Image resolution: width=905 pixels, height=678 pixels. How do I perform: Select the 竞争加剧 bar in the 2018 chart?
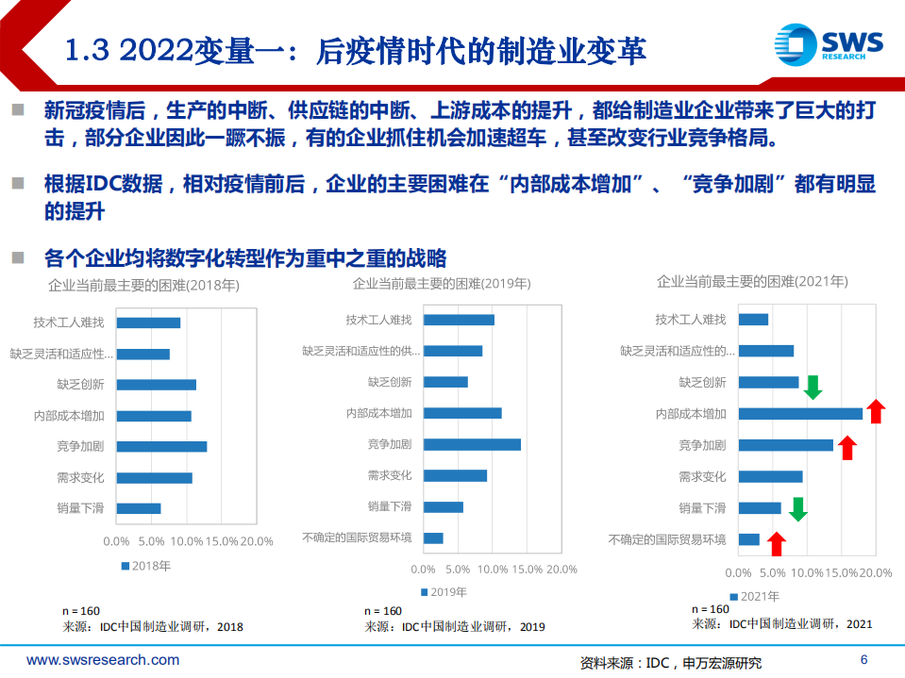click(x=161, y=446)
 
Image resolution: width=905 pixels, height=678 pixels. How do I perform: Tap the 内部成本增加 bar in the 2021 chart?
click(x=800, y=413)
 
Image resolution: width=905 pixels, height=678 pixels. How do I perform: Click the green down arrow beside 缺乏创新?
click(x=813, y=385)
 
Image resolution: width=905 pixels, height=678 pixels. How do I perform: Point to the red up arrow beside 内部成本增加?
click(x=875, y=411)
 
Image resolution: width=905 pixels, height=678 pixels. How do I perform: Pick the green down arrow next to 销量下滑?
click(x=798, y=509)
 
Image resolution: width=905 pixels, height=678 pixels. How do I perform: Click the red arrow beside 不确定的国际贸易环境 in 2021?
click(x=776, y=542)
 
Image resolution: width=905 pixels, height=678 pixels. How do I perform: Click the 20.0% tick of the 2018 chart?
click(x=255, y=541)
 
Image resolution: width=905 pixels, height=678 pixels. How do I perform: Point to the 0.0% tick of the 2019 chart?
click(x=424, y=570)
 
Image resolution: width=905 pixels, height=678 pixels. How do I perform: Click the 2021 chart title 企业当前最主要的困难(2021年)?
click(x=752, y=281)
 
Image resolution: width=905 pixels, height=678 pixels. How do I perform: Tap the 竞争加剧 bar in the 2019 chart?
click(x=472, y=444)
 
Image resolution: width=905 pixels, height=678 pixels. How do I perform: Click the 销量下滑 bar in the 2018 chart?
click(x=139, y=508)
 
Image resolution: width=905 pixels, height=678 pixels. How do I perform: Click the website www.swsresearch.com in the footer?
click(x=103, y=660)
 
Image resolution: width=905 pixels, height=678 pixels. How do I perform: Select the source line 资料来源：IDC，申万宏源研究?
click(x=670, y=663)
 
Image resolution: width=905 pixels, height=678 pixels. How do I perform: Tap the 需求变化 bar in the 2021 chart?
click(x=770, y=476)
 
